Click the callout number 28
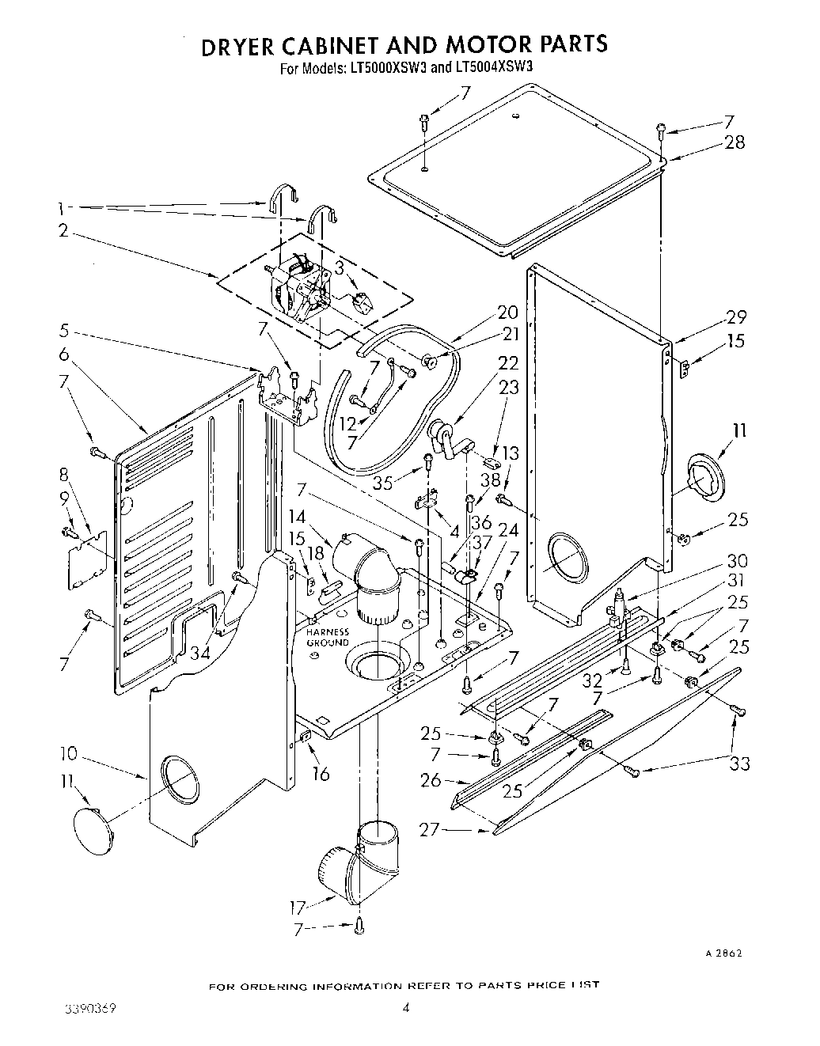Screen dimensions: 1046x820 (735, 142)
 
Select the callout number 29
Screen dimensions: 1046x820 (735, 317)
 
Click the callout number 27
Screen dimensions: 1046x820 (429, 830)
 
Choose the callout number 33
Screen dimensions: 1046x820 (740, 764)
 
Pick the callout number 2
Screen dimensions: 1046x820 (63, 231)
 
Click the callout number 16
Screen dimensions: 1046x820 (320, 773)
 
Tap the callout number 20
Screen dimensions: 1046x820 (507, 311)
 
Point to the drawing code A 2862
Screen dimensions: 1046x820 (723, 953)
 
